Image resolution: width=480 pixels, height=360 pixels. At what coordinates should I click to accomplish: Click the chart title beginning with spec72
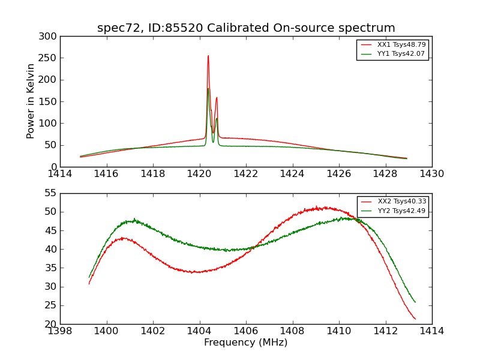tap(246, 28)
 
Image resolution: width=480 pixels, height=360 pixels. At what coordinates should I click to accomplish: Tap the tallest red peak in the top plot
tap(208, 56)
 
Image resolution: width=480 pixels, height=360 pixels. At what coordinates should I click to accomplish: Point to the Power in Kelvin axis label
tap(31, 101)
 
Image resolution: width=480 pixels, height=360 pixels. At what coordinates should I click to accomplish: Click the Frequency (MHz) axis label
tap(246, 343)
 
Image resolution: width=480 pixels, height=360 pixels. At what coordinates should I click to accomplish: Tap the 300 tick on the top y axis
tap(50, 37)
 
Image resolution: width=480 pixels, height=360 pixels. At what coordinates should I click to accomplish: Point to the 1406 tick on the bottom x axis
tap(246, 331)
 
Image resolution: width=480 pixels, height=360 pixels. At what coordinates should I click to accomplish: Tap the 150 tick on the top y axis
tap(50, 102)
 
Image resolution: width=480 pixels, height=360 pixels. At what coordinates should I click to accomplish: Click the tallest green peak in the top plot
tap(208, 89)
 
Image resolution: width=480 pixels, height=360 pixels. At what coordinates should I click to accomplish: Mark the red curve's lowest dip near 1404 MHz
tap(193, 272)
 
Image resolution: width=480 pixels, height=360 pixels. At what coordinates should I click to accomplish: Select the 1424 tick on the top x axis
tap(292, 174)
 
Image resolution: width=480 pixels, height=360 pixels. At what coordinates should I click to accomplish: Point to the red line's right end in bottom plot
tap(415, 319)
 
